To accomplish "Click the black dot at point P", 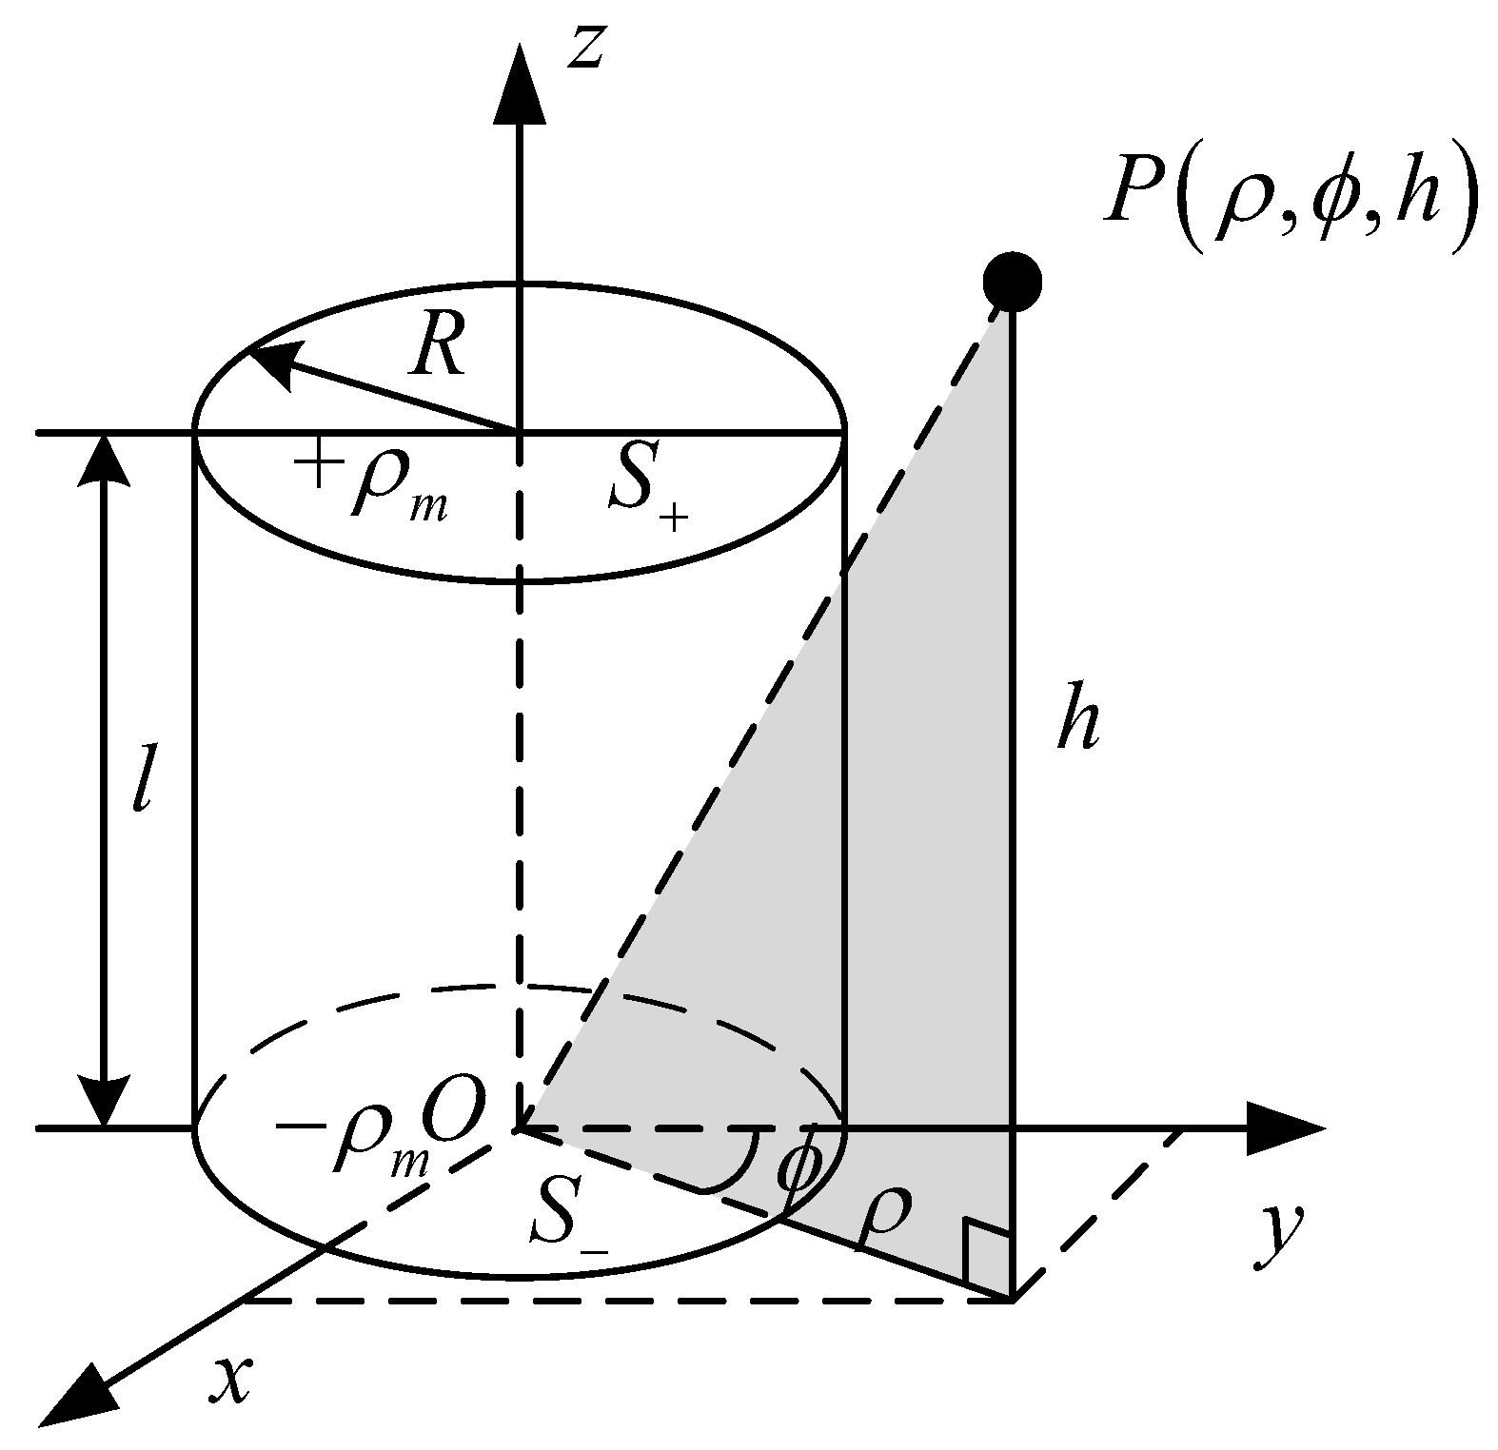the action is (x=1012, y=282).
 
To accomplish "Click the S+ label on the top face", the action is (x=648, y=495).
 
